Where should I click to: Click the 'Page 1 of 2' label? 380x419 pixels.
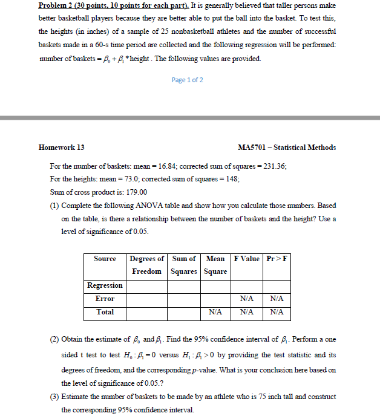[x=188, y=80]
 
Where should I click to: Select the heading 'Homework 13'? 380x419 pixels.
[x=62, y=147]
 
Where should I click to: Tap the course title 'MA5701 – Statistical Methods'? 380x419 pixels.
[x=287, y=147]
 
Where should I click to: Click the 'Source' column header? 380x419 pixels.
[x=105, y=259]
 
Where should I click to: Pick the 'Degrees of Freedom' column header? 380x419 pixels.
[x=146, y=265]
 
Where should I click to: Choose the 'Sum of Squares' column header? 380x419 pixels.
[x=184, y=265]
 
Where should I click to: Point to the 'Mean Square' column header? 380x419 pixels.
[x=215, y=265]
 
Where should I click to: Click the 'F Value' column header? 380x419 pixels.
[x=247, y=259]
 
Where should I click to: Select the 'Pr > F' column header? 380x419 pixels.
[x=277, y=259]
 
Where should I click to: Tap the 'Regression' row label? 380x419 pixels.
[x=105, y=285]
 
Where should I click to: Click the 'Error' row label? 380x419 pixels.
[x=105, y=299]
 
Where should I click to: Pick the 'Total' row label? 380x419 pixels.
[x=105, y=313]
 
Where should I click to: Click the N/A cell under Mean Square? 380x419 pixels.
[x=215, y=313]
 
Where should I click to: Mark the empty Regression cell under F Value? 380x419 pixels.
[x=247, y=285]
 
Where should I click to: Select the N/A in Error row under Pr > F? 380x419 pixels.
[x=277, y=299]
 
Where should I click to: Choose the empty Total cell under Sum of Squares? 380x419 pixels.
[x=184, y=313]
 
